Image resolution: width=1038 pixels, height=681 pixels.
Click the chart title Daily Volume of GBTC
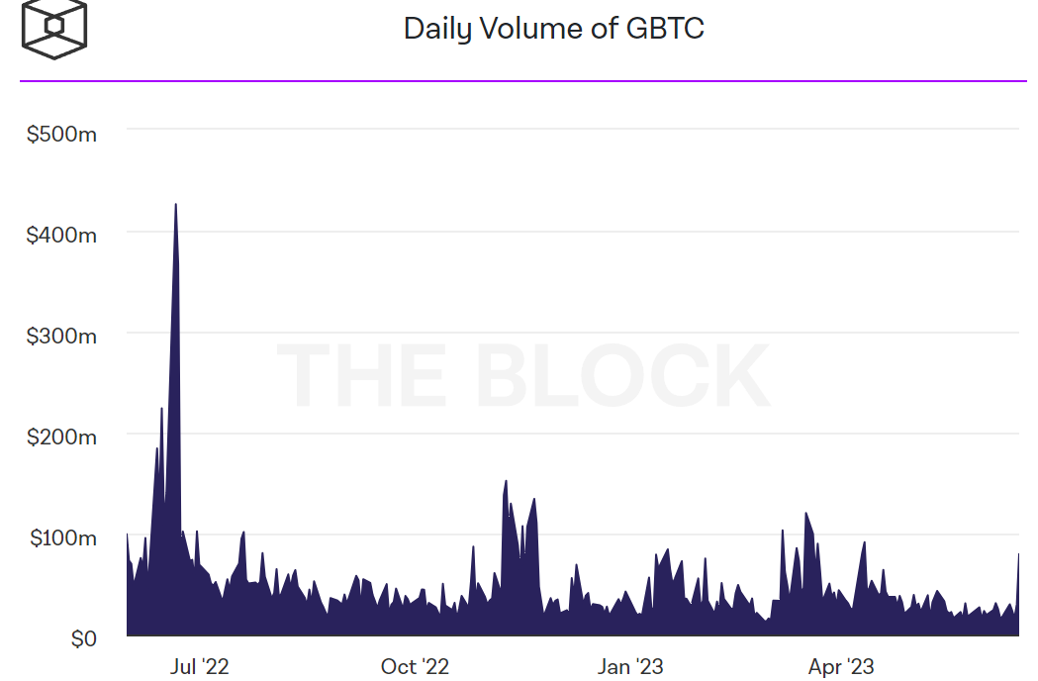pos(553,29)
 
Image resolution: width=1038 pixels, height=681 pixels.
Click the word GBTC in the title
pos(665,29)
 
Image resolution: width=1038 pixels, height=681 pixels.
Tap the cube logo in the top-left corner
pos(54,27)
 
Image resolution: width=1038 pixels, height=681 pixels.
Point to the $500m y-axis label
pos(61,134)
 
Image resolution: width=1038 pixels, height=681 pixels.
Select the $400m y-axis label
pos(61,235)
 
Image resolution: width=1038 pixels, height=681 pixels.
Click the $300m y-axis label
pos(61,336)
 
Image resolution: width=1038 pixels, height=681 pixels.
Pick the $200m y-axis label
pos(61,437)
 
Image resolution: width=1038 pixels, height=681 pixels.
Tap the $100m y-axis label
pos(61,537)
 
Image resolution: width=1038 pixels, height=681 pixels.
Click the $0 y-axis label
pos(83,639)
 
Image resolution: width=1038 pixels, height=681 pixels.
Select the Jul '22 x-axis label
pos(201,666)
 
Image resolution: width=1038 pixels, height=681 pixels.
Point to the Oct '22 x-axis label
pos(415,666)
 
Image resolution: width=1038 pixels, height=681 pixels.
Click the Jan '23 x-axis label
pos(630,666)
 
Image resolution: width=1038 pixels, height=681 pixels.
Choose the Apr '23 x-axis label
pos(841,666)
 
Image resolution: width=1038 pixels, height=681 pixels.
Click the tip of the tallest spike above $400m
pos(175,205)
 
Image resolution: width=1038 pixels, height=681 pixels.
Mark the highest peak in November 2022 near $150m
pos(506,481)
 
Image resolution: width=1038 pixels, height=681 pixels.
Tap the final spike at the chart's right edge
pos(1018,555)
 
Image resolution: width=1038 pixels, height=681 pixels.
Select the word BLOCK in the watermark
pos(622,376)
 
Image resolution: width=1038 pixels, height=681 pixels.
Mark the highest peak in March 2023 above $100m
pos(806,513)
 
